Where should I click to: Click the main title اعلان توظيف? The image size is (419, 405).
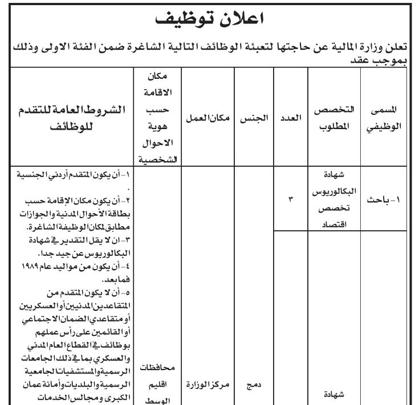(209, 20)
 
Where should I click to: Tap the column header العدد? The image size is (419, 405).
(291, 119)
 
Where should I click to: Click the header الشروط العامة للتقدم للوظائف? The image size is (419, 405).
(72, 118)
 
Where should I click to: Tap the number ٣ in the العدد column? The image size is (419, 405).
(290, 200)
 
